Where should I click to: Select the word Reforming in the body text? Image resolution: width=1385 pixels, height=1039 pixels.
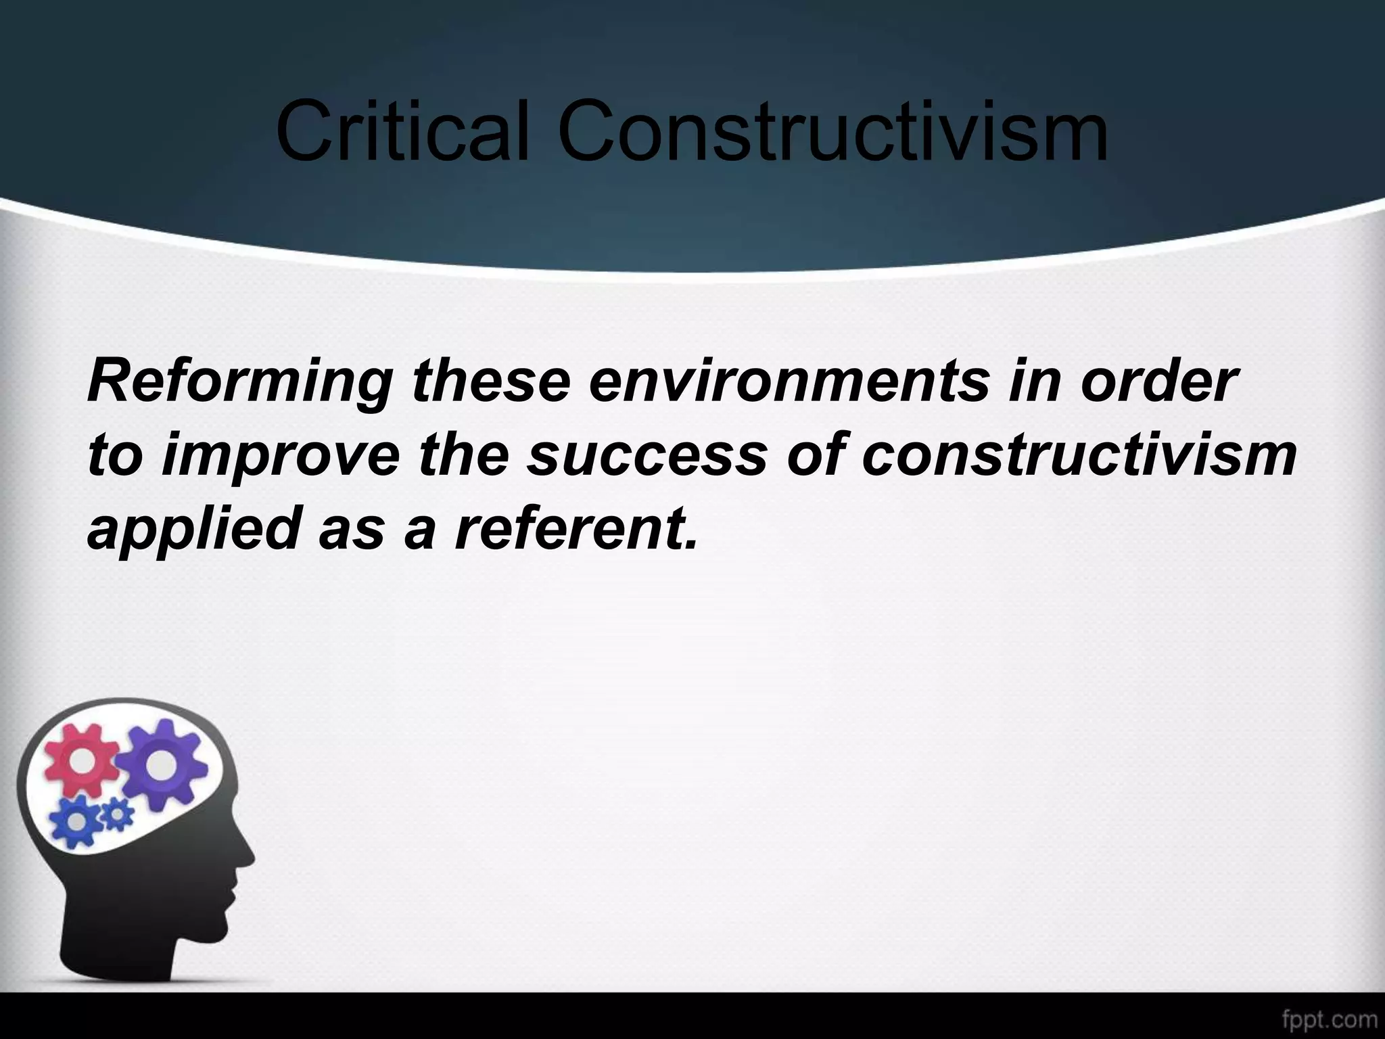[x=240, y=384]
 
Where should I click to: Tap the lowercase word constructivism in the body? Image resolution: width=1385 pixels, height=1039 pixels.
[x=1079, y=455]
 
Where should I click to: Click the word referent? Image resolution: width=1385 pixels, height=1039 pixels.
[x=576, y=526]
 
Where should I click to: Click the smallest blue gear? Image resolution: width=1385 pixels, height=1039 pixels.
[x=117, y=816]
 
